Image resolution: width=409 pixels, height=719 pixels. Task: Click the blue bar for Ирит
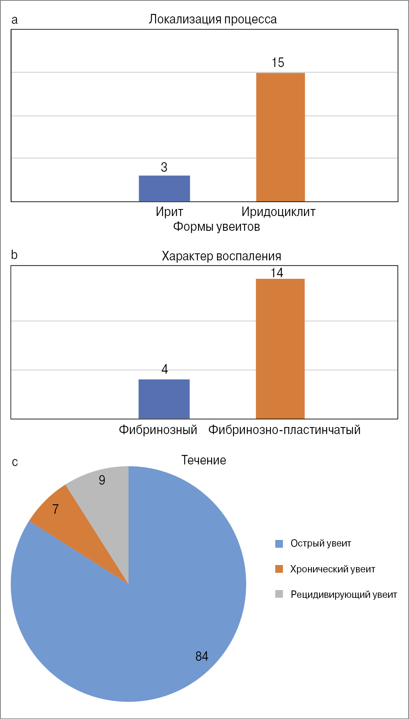tap(164, 188)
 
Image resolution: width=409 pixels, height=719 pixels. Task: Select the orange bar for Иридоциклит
tap(281, 137)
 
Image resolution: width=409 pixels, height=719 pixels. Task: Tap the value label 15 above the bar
tap(278, 63)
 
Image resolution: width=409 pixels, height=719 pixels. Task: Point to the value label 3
tap(164, 167)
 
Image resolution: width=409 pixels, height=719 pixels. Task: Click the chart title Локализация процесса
tap(212, 19)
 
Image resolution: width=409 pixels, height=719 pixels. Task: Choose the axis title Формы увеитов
tap(216, 226)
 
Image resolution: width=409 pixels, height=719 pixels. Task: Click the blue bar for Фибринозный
tap(164, 399)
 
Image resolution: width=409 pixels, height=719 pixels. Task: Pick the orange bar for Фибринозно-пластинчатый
tap(280, 349)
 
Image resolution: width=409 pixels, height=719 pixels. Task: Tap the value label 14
tap(277, 273)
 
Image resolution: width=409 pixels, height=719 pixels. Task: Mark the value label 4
tap(165, 369)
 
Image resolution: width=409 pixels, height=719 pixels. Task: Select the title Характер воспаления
tap(221, 256)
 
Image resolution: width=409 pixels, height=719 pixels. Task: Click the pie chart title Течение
tap(203, 460)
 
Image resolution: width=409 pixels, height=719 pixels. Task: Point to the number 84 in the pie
tap(201, 656)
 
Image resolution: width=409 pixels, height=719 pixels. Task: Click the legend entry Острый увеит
tap(320, 544)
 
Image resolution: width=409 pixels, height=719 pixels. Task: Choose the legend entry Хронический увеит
tap(332, 569)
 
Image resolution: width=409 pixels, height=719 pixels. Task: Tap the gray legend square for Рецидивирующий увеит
tap(279, 594)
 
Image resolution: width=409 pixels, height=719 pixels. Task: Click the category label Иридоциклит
tap(278, 212)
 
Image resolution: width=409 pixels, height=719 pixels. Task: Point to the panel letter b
tap(14, 255)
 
